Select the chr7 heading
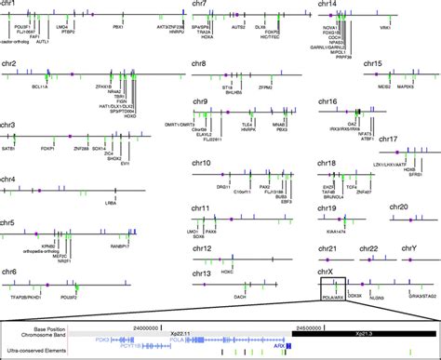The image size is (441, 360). (194, 5)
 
